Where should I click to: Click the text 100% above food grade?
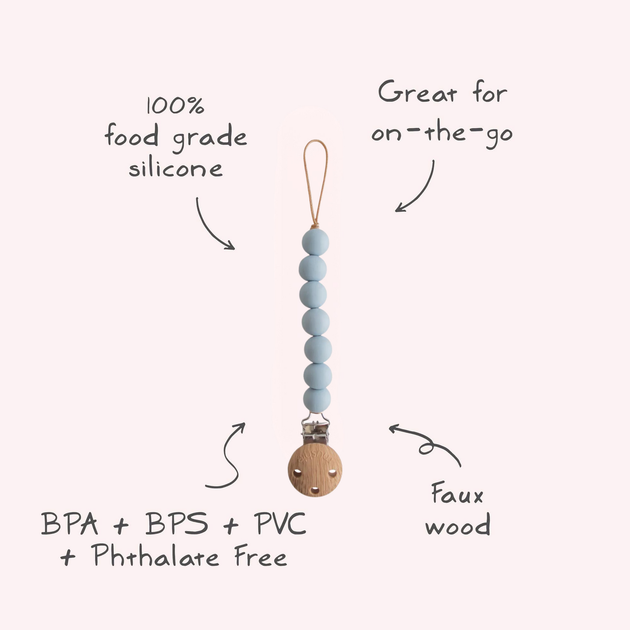pos(175,106)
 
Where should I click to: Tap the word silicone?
pos(175,168)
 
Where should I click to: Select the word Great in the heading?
pos(418,92)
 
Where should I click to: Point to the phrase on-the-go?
pos(442,133)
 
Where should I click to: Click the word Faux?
pos(457,494)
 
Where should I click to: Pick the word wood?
pos(458,525)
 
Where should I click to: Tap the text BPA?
pos(70,524)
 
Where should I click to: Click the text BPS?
pos(177,524)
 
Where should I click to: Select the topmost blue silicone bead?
pos(315,242)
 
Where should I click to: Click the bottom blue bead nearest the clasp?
pos(317,399)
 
